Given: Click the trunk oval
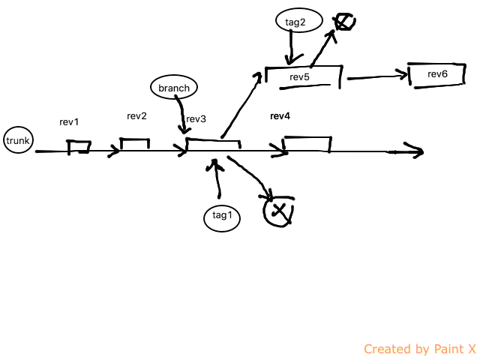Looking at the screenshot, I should (x=18, y=140).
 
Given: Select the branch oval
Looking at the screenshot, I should (x=174, y=88).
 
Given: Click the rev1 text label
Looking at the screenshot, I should (x=69, y=121).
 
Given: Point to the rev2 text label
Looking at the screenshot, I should (x=136, y=115).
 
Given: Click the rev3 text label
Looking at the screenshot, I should (x=196, y=119).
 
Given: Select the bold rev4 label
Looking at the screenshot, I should (x=280, y=116).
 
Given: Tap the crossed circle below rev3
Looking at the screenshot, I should (x=278, y=210).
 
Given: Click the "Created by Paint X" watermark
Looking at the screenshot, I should (x=419, y=349).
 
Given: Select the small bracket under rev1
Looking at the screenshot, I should (x=79, y=146).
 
